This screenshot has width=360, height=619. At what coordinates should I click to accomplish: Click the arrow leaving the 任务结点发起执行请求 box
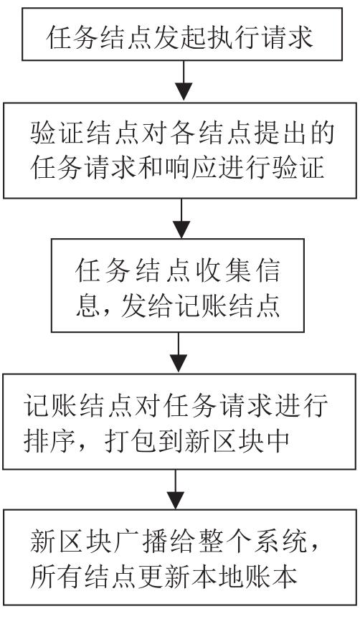point(184,80)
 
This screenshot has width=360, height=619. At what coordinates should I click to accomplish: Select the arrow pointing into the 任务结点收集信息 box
point(181,218)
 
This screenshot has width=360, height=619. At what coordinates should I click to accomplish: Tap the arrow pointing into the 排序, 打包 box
point(179,352)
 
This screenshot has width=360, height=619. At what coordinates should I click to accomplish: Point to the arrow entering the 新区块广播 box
point(176,489)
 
